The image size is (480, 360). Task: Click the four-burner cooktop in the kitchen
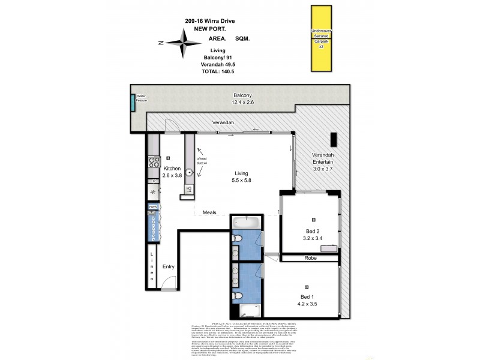pos(153,161)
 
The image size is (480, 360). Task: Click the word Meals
pos(209,212)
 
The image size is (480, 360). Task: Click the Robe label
pos(310,258)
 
